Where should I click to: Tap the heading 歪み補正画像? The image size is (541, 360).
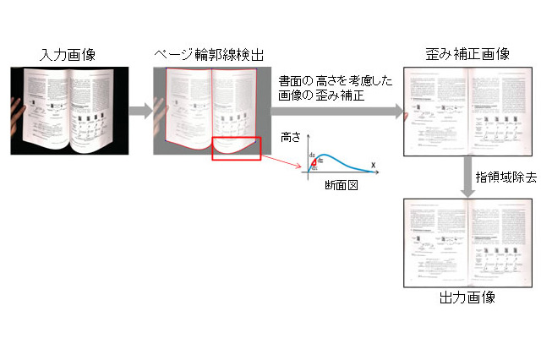467,54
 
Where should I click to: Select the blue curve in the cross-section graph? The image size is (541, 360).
342,157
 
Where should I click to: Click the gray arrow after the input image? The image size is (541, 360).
140,110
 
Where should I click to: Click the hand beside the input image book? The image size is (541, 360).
17,114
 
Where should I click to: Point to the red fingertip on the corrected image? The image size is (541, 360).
409,116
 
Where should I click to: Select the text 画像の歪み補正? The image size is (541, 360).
315,95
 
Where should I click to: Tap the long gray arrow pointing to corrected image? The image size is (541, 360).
338,110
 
